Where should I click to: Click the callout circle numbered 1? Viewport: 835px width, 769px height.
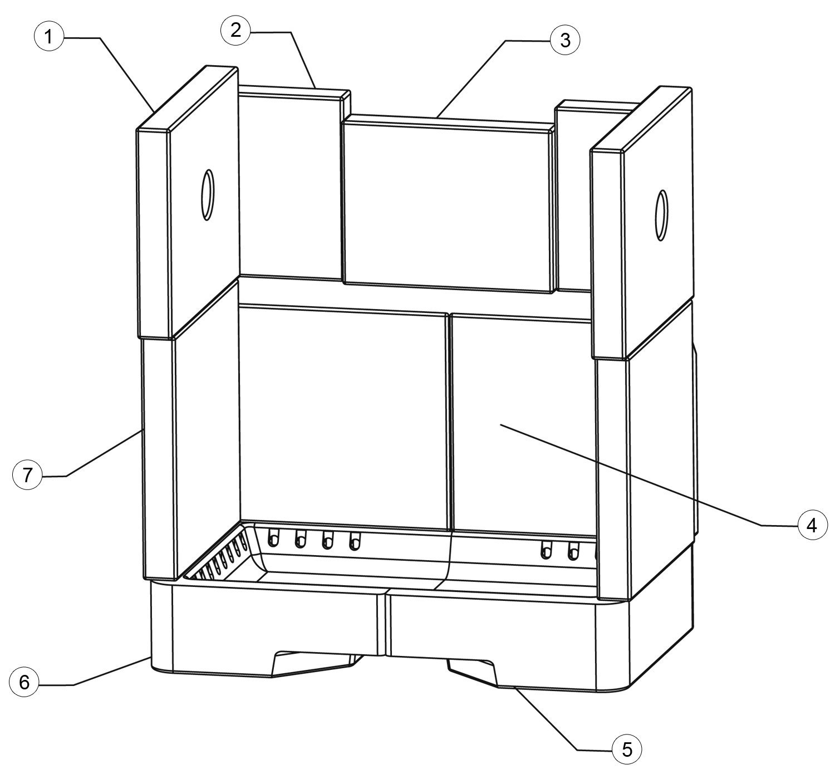48,37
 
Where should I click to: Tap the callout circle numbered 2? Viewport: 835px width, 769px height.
235,31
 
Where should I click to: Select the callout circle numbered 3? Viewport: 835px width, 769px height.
565,41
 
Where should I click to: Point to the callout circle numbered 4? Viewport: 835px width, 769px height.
812,526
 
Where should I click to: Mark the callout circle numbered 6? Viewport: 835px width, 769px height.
24,682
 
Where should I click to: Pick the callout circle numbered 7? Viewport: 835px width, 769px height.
27,475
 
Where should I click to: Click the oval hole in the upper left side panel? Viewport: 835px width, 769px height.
207,195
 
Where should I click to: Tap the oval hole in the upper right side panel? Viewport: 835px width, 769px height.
661,215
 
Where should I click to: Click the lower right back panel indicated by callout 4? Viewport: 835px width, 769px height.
522,425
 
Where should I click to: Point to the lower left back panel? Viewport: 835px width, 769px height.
344,417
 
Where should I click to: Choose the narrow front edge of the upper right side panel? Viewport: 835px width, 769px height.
608,254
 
